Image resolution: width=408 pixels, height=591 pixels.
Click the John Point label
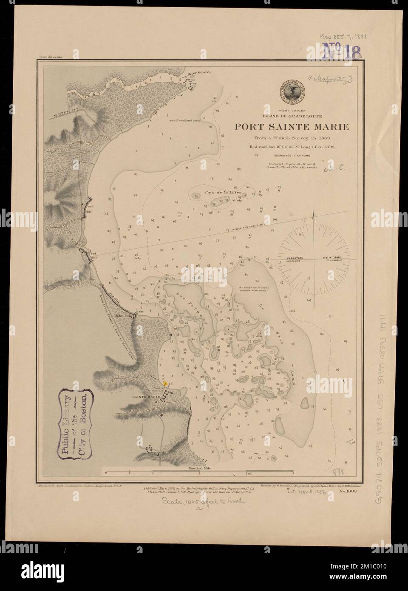click(142, 316)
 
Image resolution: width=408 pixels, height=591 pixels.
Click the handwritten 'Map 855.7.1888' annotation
click(343, 37)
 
